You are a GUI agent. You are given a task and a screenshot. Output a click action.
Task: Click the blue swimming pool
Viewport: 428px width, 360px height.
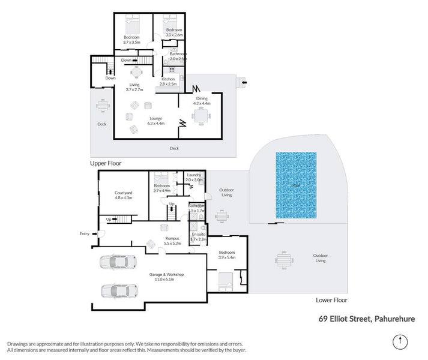point(296,185)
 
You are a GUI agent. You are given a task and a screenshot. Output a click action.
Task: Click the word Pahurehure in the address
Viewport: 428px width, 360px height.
point(399,319)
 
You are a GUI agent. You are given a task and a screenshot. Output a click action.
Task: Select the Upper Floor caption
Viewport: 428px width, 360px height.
point(106,163)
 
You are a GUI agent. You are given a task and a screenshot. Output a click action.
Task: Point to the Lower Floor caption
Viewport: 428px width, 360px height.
point(331,299)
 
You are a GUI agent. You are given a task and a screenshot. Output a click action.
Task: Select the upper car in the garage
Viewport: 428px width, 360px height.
point(119,263)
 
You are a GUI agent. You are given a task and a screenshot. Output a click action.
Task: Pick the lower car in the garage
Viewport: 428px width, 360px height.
point(119,291)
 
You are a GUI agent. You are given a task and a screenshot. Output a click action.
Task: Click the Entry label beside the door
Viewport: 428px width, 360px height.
point(84,233)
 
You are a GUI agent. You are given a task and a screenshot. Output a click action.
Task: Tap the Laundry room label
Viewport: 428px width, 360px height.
point(194,177)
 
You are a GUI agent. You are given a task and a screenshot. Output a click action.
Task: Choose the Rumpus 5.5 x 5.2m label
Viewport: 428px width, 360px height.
point(173,241)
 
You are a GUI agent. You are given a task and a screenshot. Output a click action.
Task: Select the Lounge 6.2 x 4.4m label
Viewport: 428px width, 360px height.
point(156,121)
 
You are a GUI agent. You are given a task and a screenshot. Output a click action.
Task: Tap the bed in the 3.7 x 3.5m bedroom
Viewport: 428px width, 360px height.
point(132,26)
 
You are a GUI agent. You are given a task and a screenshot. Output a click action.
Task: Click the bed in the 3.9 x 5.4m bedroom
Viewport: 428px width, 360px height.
point(225,279)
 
